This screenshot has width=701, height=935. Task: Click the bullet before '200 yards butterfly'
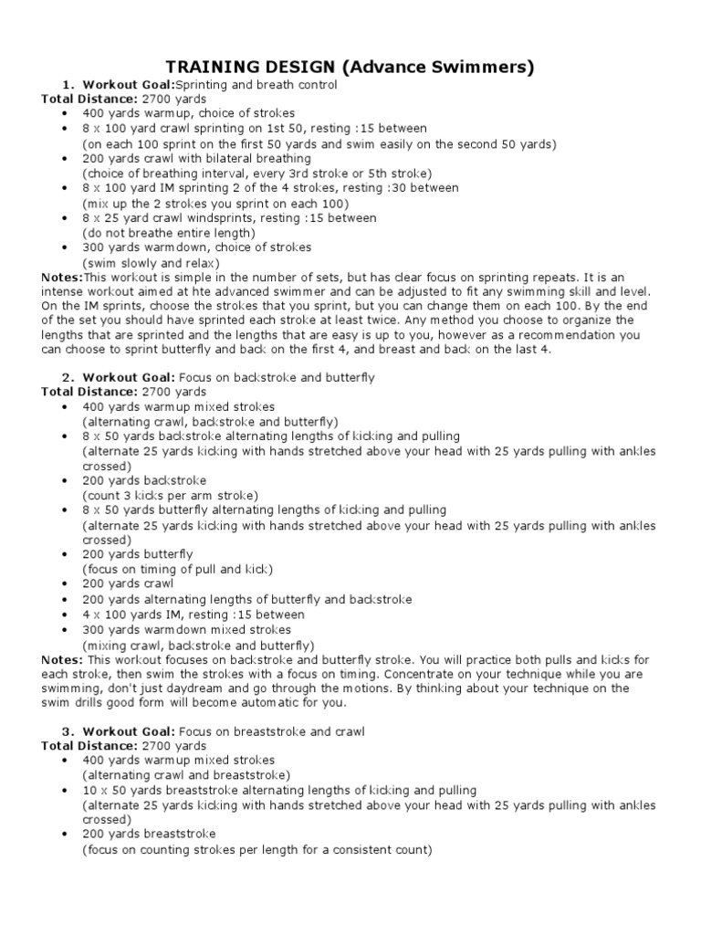(x=67, y=554)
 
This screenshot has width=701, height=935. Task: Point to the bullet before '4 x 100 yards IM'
(x=67, y=615)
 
